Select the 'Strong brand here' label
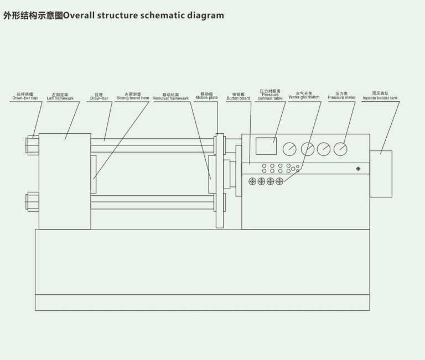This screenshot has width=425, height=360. [133, 97]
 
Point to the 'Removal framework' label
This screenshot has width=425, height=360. [170, 97]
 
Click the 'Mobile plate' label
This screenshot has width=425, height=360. [206, 97]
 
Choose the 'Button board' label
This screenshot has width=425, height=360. [238, 97]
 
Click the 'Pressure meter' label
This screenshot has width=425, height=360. [341, 97]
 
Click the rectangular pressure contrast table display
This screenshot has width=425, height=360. [266, 146]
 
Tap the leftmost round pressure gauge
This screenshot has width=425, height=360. [289, 149]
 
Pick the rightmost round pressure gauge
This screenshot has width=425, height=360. [340, 149]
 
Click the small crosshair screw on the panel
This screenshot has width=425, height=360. [358, 169]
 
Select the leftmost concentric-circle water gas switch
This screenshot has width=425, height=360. [253, 181]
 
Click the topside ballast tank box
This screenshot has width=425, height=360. [381, 174]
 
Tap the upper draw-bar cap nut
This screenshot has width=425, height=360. [32, 145]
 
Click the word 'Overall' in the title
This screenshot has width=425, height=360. [80, 15]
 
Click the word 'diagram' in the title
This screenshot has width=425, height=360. [205, 15]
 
